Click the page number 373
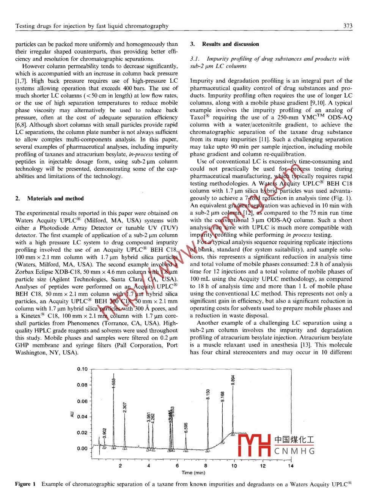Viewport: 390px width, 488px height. [348, 26]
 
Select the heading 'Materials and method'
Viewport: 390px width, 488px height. [55, 198]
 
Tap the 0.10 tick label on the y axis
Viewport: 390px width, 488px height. [82, 369]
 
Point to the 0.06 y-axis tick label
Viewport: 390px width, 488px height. [82, 401]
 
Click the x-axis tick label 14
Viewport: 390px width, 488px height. [291, 466]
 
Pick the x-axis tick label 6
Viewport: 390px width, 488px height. [177, 466]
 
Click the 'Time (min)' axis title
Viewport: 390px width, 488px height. [193, 473]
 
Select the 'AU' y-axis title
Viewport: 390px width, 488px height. [72, 415]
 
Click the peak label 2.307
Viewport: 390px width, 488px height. [125, 407]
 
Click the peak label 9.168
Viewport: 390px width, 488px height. [223, 397]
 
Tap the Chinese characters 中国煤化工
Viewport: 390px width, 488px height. [294, 439]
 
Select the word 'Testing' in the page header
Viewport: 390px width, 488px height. [25, 26]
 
